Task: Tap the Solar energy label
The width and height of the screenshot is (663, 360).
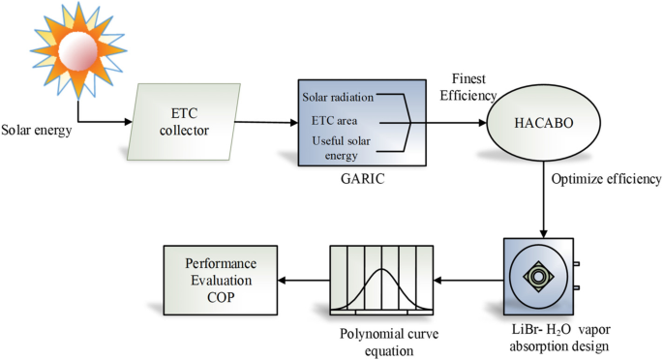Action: (x=37, y=130)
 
